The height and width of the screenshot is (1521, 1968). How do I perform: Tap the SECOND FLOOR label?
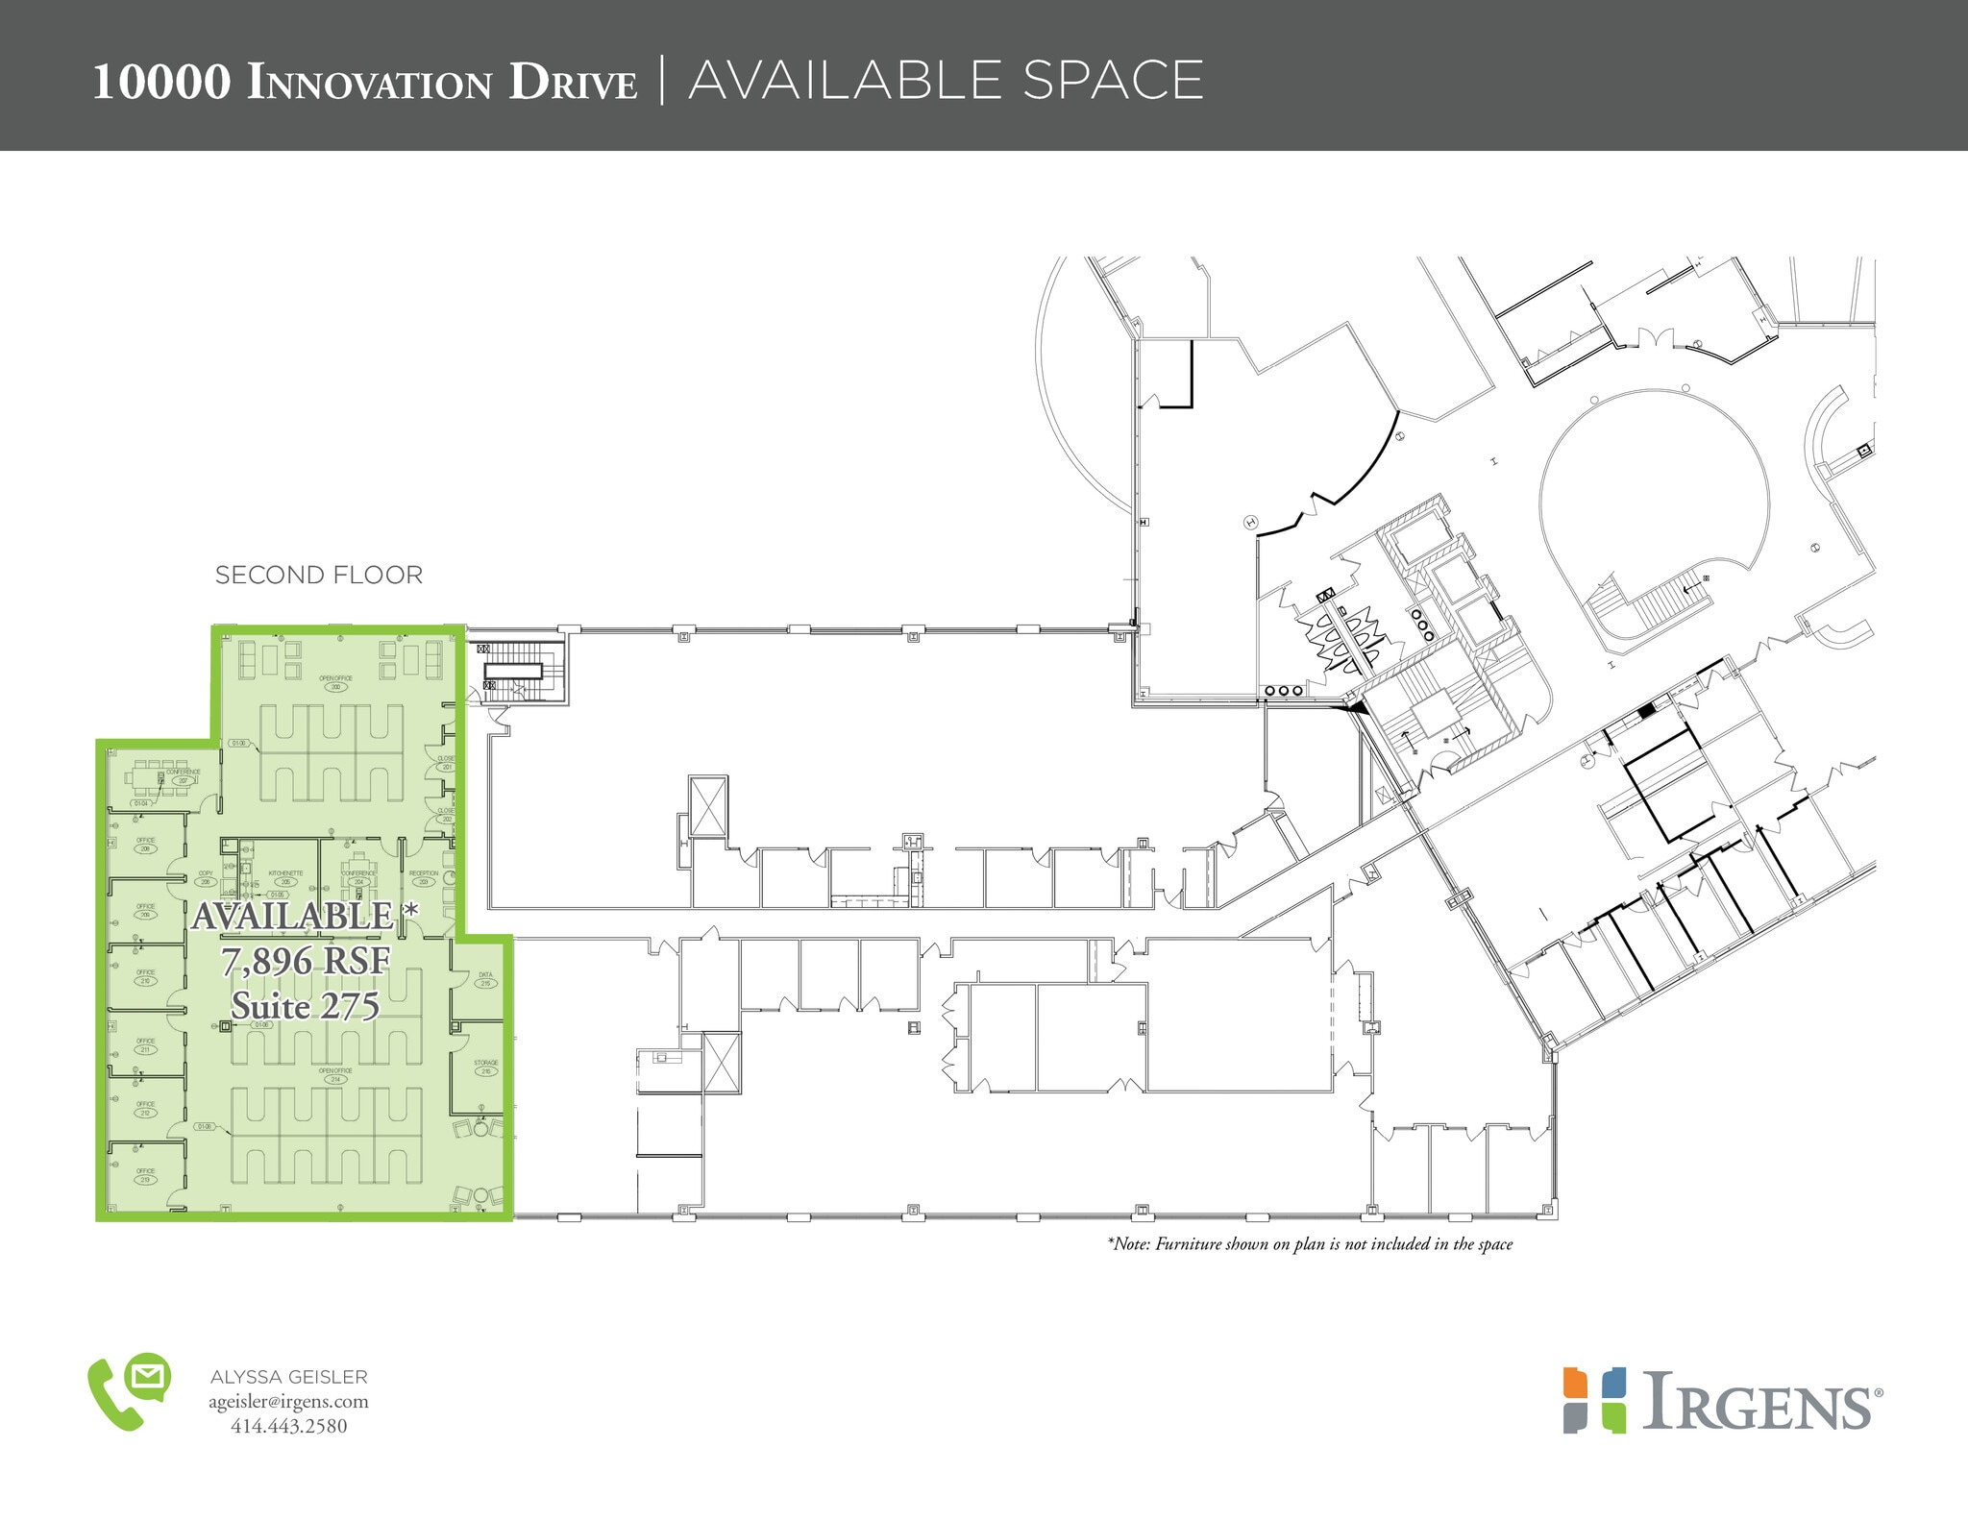[x=318, y=576]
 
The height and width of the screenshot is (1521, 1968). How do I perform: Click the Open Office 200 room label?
[x=335, y=682]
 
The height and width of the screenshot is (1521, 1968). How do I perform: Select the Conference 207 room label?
[x=183, y=776]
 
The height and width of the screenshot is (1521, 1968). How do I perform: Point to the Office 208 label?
[x=146, y=845]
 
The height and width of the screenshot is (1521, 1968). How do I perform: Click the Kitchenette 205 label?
[x=285, y=877]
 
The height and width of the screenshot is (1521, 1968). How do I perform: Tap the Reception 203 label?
[x=424, y=877]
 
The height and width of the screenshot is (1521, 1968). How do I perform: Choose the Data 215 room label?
[x=485, y=979]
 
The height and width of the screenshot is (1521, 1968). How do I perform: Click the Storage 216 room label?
[x=485, y=1067]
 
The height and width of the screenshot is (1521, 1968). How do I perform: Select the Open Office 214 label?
[x=335, y=1074]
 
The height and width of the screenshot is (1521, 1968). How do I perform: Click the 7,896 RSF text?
[x=306, y=961]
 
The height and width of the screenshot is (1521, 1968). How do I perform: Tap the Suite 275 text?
[x=306, y=1006]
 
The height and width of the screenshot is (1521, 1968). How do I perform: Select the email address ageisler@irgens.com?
[x=288, y=1402]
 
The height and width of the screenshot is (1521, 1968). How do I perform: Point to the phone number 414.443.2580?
[x=288, y=1427]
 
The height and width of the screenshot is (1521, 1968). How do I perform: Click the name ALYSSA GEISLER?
[x=288, y=1377]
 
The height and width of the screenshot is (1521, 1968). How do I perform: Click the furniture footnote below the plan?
[x=1310, y=1244]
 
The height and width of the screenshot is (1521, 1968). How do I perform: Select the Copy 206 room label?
[x=205, y=877]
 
